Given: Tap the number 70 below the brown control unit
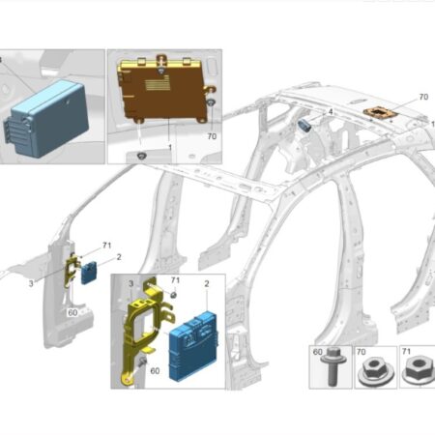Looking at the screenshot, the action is [212, 136].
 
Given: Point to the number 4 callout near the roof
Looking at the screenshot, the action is [330, 112].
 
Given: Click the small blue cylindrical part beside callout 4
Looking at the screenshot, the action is [304, 125].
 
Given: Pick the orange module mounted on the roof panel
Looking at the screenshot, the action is [381, 114].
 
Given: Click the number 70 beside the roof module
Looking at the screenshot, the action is [423, 97].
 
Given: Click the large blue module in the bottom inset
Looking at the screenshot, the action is [193, 346].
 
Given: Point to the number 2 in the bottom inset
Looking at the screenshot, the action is [207, 283].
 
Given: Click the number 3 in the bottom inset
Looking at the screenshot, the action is [130, 283].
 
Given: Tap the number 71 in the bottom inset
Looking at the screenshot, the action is [175, 279].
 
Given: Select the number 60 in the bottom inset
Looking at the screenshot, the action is [155, 371].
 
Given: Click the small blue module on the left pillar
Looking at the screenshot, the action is [88, 273].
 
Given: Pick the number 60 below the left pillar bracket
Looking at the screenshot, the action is [72, 312].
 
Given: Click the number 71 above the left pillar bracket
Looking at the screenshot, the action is [106, 246].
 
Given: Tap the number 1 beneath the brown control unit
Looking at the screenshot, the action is [170, 147].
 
